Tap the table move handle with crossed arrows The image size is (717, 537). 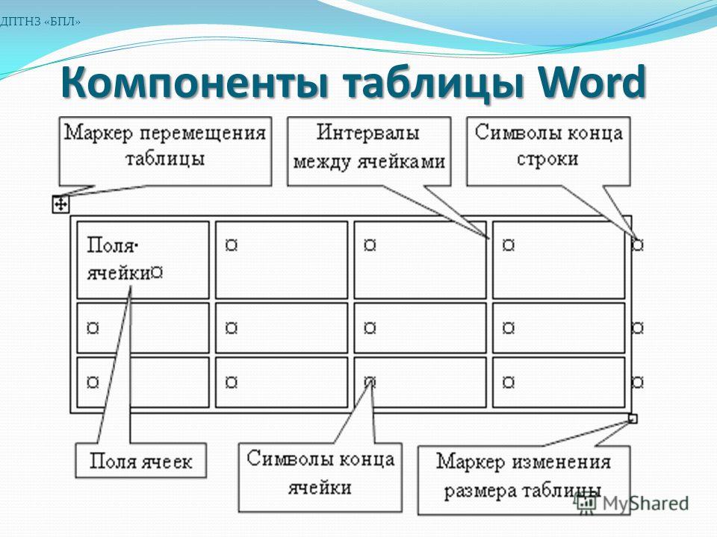tap(60, 204)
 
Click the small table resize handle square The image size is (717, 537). tap(633, 418)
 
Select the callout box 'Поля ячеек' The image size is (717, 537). tap(141, 461)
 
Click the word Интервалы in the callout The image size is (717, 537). tap(368, 133)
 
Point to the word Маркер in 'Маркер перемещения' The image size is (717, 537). tap(99, 134)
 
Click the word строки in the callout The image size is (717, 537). tap(547, 159)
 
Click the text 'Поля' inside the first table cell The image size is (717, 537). tap(111, 245)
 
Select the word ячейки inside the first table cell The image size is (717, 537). tap(119, 273)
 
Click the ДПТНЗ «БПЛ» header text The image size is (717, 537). tap(40, 22)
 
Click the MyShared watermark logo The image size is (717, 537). tap(632, 503)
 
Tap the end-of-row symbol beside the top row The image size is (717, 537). tap(638, 245)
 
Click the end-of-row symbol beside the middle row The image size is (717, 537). tap(638, 327)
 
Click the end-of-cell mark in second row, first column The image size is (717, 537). tap(93, 327)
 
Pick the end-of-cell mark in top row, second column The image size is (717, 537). tap(232, 245)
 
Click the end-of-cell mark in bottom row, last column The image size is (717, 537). tap(509, 382)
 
